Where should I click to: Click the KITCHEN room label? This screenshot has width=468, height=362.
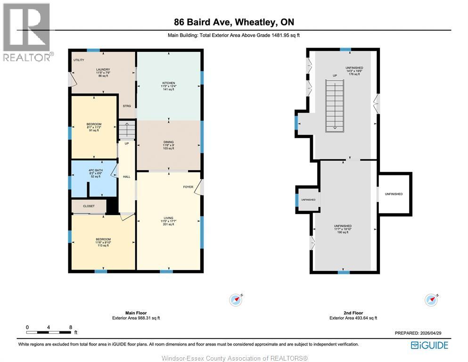click(168, 83)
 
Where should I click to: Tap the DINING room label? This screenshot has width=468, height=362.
click(168, 142)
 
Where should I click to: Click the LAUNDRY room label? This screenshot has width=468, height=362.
click(103, 70)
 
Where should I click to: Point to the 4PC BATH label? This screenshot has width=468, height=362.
click(96, 170)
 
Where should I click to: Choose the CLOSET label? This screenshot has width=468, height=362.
click(89, 206)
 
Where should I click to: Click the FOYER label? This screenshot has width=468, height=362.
click(188, 187)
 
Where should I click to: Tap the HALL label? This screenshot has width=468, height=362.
click(126, 177)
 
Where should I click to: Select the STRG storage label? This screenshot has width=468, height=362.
click(126, 106)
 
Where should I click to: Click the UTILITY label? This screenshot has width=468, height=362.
click(79, 60)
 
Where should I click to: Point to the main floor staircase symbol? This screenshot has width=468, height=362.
click(126, 129)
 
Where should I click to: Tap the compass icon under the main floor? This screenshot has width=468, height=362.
click(235, 299)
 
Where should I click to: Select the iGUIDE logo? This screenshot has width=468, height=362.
click(429, 345)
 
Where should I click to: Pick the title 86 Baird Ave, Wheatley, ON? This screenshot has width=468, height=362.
click(234, 22)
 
